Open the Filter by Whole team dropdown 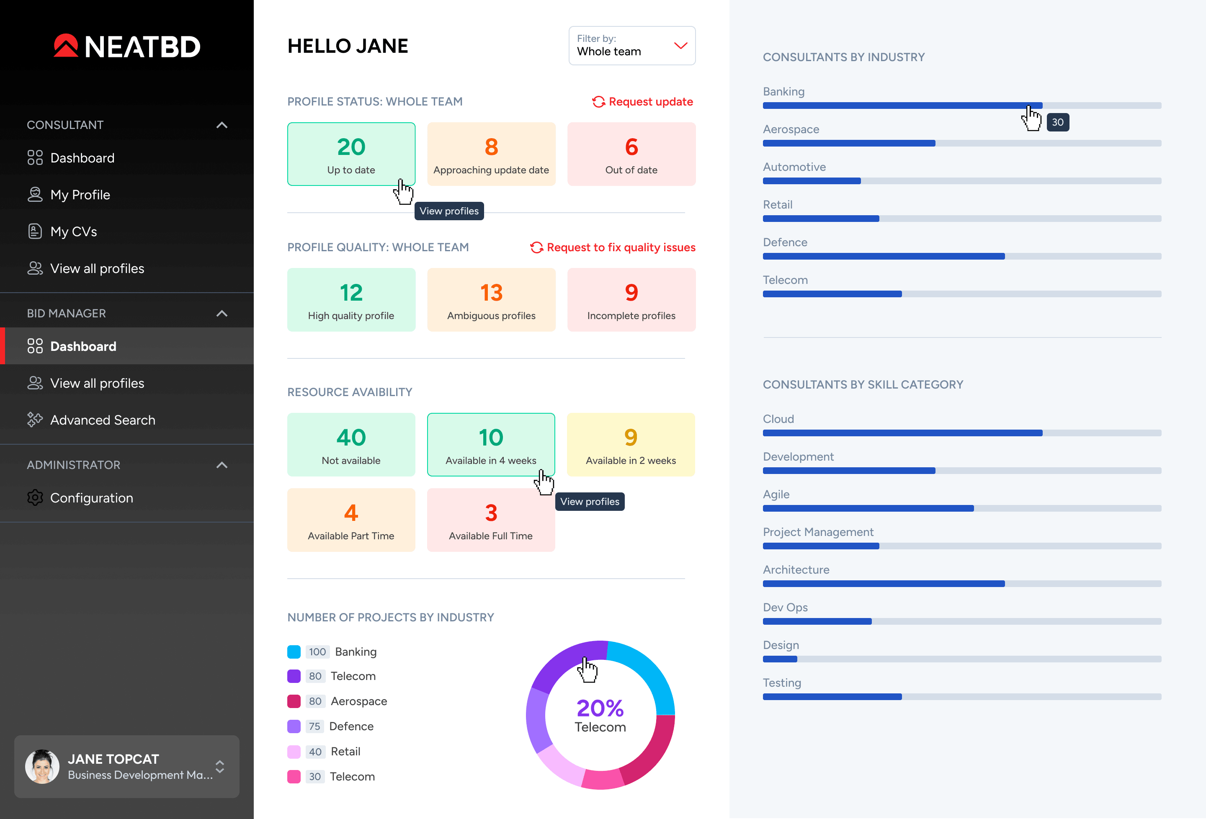631,46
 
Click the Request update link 642,102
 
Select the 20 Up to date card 351,154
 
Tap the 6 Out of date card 631,154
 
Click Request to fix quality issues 613,247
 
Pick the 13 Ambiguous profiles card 491,300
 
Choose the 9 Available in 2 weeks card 631,445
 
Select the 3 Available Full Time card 491,520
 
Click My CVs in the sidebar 73,232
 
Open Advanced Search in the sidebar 102,420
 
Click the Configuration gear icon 35,498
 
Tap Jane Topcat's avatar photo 42,766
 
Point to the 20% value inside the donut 600,708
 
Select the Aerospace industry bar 961,143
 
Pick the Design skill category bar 961,659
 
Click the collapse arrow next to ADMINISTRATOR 222,465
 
